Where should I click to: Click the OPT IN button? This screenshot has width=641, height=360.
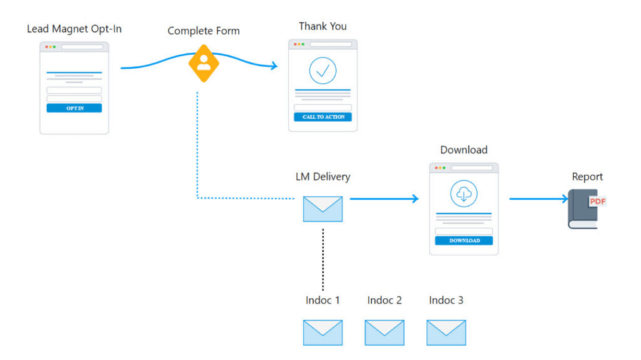(74, 108)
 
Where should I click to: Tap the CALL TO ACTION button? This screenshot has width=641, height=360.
(323, 117)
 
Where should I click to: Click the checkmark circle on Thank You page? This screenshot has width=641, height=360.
(323, 71)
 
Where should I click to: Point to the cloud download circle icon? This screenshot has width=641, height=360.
(464, 195)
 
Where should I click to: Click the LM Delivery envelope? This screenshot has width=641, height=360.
(322, 209)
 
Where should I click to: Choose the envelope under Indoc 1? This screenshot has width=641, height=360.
(322, 332)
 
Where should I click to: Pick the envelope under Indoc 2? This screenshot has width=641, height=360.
(384, 332)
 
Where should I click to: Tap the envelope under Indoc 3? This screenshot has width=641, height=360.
(446, 332)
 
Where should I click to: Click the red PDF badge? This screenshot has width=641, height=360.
(597, 201)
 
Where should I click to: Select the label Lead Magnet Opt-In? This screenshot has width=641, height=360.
(74, 29)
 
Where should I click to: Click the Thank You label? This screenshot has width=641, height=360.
(322, 26)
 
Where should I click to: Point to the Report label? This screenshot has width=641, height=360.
(587, 177)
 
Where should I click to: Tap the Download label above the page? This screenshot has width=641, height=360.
(464, 150)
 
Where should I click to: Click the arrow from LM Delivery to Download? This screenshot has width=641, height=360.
(383, 199)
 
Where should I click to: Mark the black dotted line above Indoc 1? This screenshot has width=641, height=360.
(323, 260)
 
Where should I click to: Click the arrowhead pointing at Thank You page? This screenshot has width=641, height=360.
(273, 66)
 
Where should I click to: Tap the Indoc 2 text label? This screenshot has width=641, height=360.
(384, 301)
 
